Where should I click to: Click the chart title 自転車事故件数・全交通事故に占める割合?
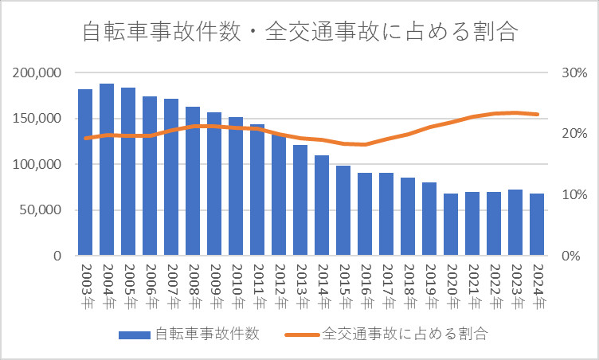coord(299,33)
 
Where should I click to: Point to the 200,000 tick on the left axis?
coord(38,72)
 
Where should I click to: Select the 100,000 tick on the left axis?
coord(38,165)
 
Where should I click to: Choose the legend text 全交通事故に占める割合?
coord(405,334)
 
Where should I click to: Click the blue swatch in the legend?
coord(134,335)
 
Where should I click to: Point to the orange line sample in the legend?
coord(302,335)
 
